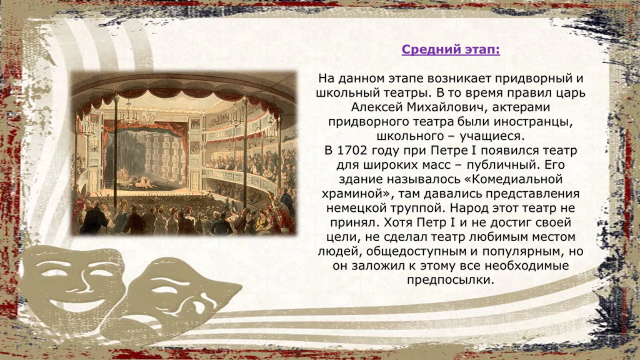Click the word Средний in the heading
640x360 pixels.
tap(426, 50)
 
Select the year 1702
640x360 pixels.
tap(352, 151)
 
